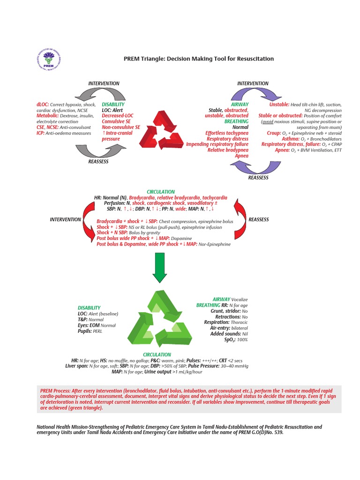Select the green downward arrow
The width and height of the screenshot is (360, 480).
tap(160, 267)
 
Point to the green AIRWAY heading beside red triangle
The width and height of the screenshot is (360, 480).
tap(240, 104)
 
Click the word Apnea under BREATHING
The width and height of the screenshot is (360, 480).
tap(242, 156)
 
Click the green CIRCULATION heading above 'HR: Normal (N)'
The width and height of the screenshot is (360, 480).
tap(161, 192)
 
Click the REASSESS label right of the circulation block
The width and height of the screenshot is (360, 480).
tap(258, 219)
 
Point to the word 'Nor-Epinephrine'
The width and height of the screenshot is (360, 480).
tap(215, 244)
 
